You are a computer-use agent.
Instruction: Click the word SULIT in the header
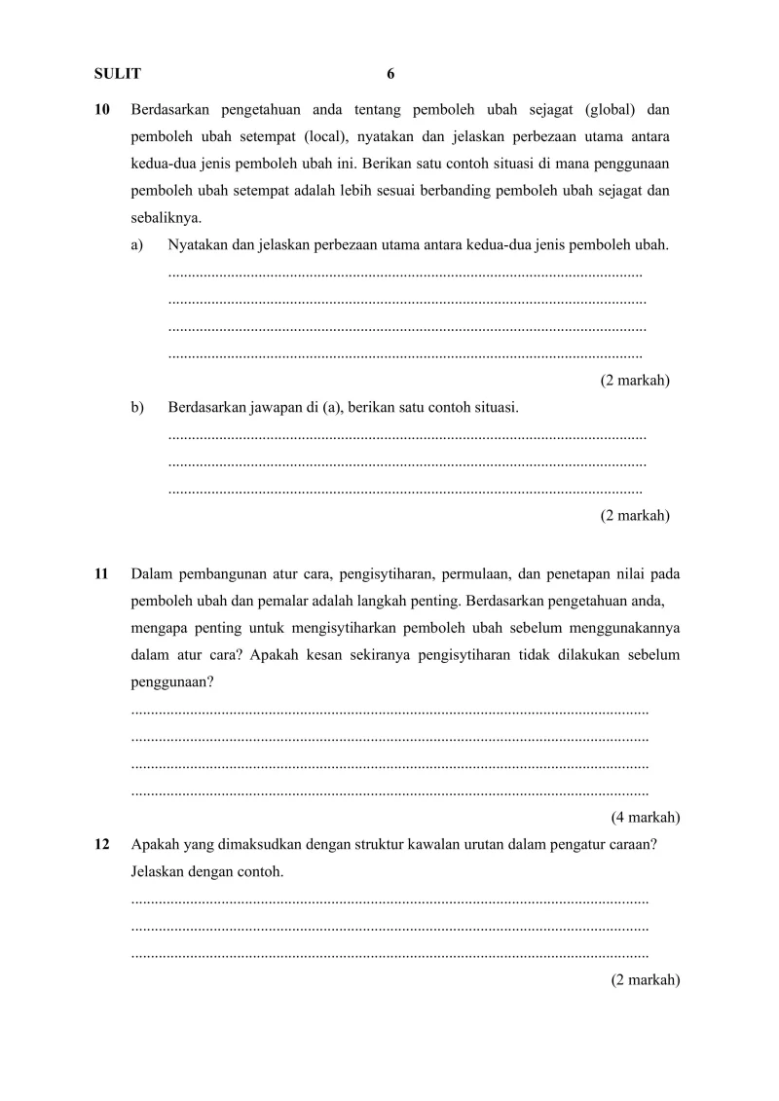[x=117, y=74]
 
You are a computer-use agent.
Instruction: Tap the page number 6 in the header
[x=390, y=74]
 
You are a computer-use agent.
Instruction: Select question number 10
[x=101, y=109]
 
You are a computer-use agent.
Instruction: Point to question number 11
[x=101, y=573]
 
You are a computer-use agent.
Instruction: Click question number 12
[x=101, y=845]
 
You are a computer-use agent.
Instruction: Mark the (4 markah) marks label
[x=646, y=817]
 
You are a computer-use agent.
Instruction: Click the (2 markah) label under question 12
[x=646, y=980]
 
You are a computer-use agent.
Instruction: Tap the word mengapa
[x=158, y=628]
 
